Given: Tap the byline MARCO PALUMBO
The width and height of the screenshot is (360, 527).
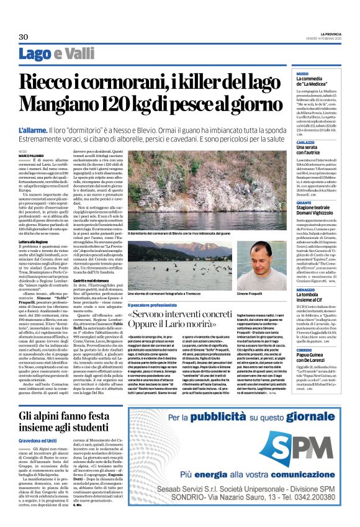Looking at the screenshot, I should [31, 155].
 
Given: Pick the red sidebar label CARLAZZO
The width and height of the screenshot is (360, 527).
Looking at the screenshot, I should [297, 142].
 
